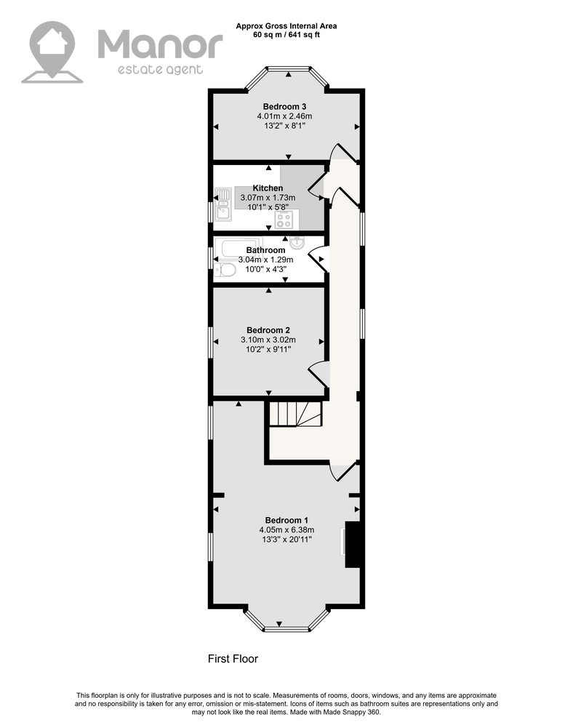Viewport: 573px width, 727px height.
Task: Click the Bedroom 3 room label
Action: coord(284,107)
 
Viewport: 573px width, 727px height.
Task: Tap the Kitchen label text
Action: coord(268,188)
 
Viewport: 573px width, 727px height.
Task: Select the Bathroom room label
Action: coord(265,250)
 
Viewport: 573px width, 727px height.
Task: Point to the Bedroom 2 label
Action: coord(268,330)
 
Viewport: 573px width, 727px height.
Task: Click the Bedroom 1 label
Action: coord(286,521)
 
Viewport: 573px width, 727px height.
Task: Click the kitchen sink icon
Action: coord(223,204)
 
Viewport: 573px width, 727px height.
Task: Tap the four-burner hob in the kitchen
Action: coord(284,220)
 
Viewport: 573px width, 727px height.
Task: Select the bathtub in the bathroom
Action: coord(239,247)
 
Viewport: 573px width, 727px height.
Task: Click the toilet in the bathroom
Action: coord(225,270)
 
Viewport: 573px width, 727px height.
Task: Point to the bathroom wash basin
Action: coord(297,242)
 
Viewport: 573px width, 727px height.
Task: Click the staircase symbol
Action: coord(296,414)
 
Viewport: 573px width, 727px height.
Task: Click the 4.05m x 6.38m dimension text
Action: coord(286,530)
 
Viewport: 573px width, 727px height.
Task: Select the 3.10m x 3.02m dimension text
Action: coord(268,340)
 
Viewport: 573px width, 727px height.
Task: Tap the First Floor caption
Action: coord(233,659)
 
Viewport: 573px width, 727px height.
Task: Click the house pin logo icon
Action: coord(52,52)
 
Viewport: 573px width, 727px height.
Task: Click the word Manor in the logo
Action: coord(160,44)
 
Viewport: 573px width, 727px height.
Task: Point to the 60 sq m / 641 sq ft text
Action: coord(286,35)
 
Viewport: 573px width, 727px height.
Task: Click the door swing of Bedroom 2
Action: coord(319,373)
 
